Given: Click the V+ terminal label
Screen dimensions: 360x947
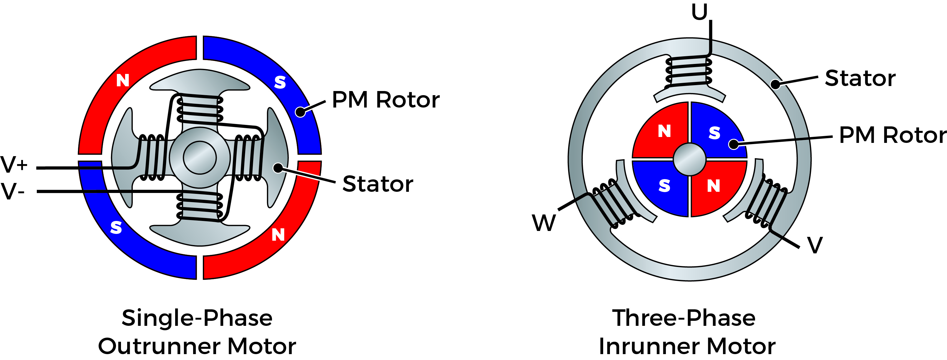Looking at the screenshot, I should (14, 164).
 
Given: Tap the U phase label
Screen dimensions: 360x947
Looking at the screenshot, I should (699, 12).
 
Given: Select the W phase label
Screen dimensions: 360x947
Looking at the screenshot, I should (544, 222).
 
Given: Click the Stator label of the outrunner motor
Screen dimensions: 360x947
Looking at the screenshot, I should (378, 184).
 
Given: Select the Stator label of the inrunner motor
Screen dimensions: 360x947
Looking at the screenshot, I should (860, 78).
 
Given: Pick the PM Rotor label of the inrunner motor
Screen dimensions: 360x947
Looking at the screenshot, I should (893, 135).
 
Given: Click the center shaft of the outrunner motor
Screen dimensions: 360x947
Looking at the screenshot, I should (200, 157).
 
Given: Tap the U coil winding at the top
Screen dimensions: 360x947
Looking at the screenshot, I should (689, 72).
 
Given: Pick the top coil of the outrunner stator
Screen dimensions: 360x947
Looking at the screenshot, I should (200, 109).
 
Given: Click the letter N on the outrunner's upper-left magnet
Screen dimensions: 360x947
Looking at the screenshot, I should (123, 80).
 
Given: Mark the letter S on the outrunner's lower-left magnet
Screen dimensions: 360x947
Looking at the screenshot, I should (116, 228).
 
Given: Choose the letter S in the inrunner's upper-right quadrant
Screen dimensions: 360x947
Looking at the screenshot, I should (714, 133).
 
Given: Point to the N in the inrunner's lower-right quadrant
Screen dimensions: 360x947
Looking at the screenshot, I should (714, 186).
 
